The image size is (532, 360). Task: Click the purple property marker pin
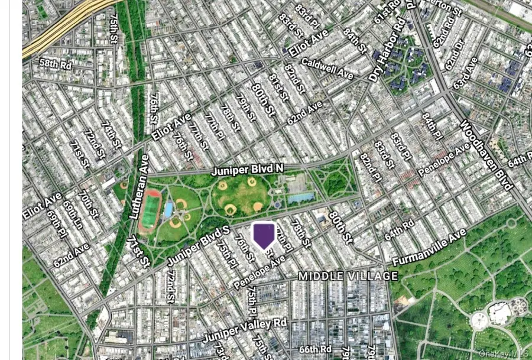[264, 235]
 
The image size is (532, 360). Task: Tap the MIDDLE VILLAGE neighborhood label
[348, 276]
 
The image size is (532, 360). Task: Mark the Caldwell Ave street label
[327, 68]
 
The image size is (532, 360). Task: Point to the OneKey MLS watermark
[504, 353]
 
